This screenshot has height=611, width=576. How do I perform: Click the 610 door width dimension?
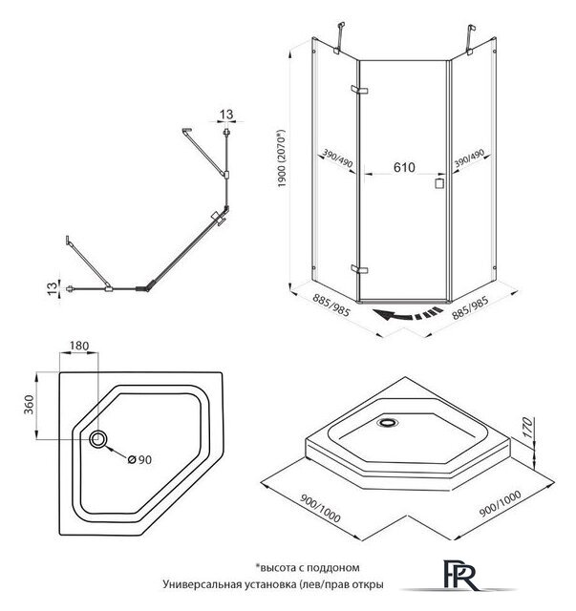click(404, 168)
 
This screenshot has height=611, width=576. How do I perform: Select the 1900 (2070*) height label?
click(283, 158)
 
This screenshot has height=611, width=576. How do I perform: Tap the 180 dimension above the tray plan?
click(79, 346)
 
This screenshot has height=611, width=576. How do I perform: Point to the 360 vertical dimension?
click(30, 405)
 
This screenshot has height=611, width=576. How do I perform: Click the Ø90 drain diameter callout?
click(139, 460)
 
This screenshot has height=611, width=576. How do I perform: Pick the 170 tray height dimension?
click(527, 427)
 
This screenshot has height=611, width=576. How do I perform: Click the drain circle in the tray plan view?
click(98, 439)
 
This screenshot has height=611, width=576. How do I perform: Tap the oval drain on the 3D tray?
click(388, 422)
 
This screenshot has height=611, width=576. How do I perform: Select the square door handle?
click(440, 183)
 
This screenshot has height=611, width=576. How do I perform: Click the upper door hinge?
click(359, 90)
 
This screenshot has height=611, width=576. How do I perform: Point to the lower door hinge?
click(359, 269)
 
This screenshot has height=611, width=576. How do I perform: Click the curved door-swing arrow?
click(408, 314)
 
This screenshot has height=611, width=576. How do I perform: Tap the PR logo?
click(460, 576)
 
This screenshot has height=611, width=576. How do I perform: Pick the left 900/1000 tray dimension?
click(321, 509)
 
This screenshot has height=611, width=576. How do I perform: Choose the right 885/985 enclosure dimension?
click(470, 307)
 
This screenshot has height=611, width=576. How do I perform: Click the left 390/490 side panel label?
click(338, 159)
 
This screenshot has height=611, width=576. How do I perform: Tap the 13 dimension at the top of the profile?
click(226, 115)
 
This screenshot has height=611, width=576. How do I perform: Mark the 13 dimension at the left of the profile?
click(52, 288)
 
